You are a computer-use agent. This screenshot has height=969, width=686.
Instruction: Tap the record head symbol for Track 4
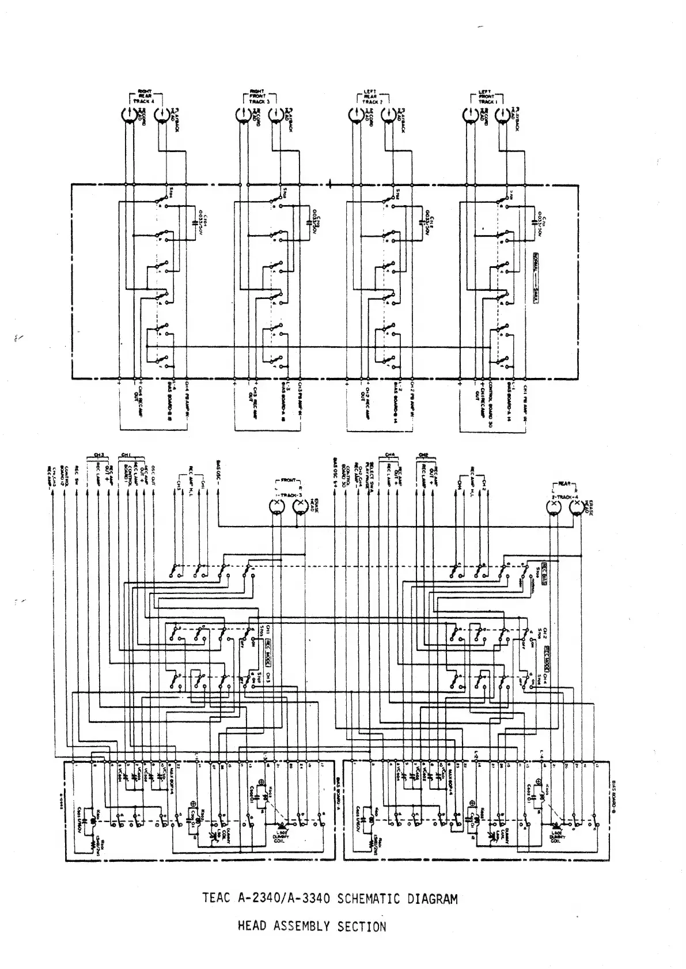127,115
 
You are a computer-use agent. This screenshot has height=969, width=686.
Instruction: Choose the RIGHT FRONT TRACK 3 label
257,96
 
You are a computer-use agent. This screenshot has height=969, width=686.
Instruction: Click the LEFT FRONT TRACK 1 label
487,96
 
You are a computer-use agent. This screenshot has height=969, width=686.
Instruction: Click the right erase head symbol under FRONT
299,506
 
